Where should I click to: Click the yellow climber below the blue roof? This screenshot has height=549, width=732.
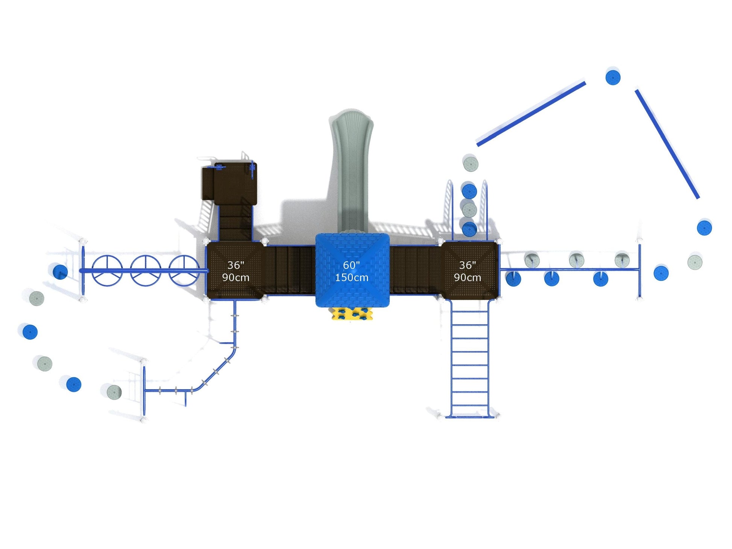click(352, 314)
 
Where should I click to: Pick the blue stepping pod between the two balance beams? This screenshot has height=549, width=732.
click(613, 77)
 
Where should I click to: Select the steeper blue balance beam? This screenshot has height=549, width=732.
click(667, 144)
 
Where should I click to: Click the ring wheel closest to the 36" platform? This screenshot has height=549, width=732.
click(184, 271)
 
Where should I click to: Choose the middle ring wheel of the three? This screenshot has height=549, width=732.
click(146, 271)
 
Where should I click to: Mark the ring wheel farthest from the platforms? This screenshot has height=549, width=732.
click(107, 271)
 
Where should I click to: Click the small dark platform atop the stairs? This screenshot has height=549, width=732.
click(230, 184)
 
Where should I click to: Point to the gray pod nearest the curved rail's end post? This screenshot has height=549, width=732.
click(114, 392)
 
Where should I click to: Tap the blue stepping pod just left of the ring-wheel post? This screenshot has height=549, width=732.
click(60, 272)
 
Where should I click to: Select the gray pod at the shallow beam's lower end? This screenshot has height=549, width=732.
click(470, 164)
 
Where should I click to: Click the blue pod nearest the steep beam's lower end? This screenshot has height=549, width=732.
click(704, 228)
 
